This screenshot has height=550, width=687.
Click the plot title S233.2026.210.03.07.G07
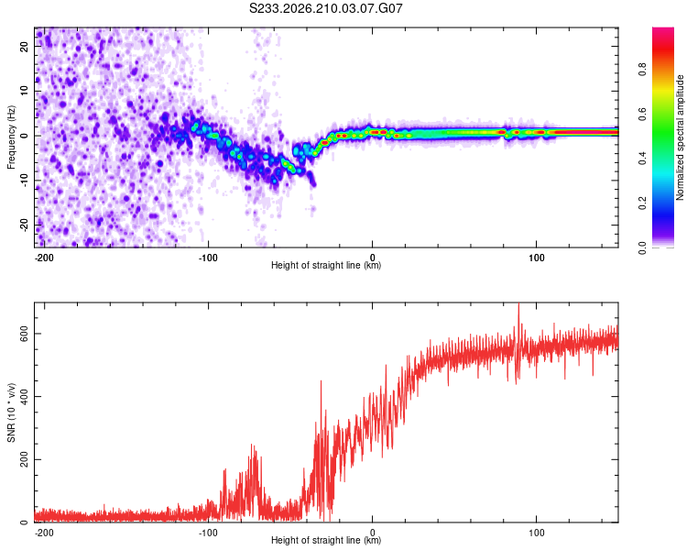tap(325, 8)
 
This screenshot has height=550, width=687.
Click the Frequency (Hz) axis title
tap(11, 137)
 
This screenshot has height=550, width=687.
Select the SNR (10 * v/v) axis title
tap(11, 412)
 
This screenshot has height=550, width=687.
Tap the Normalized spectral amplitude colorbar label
tap(680, 137)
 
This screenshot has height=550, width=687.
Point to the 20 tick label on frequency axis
tap(24, 46)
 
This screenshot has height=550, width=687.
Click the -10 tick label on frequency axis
tap(24, 180)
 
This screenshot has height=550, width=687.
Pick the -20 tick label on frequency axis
tap(24, 225)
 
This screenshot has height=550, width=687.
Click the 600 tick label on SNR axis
tap(24, 335)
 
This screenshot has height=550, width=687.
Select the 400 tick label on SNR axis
tap(24, 397)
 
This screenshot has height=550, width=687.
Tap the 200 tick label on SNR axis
tap(24, 459)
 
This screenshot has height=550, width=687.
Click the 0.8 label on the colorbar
tap(642, 70)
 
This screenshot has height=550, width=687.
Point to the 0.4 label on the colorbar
tap(642, 159)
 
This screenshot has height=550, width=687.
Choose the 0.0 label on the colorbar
tap(642, 247)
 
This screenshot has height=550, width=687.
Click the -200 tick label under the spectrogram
tap(43, 258)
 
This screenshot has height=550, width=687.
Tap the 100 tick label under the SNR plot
tap(536, 533)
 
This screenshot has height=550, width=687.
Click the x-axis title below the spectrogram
tap(326, 265)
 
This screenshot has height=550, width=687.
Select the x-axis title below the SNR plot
tap(326, 540)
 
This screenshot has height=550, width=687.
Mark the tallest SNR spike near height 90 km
tap(518, 303)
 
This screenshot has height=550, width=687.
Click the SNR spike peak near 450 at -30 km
tap(322, 381)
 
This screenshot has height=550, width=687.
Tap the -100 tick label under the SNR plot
tap(208, 533)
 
